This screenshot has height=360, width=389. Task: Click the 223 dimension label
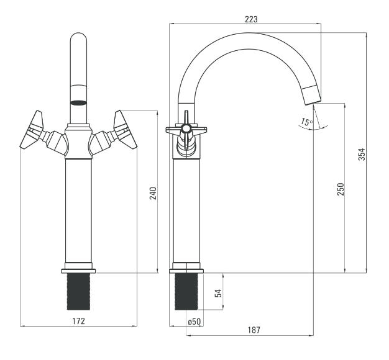pyautogui.click(x=251, y=19)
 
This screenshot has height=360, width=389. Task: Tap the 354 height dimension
pyautogui.click(x=362, y=154)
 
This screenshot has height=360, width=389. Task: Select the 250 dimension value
pyautogui.click(x=341, y=189)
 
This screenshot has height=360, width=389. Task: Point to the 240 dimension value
pyautogui.click(x=153, y=193)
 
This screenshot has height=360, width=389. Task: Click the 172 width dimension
pyautogui.click(x=79, y=321)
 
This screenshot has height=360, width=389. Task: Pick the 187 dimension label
pyautogui.click(x=254, y=330)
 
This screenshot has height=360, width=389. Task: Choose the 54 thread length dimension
pyautogui.click(x=219, y=293)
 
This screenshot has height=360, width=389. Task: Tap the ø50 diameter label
pyautogui.click(x=194, y=322)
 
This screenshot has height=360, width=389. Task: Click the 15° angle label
pyautogui.click(x=307, y=122)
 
